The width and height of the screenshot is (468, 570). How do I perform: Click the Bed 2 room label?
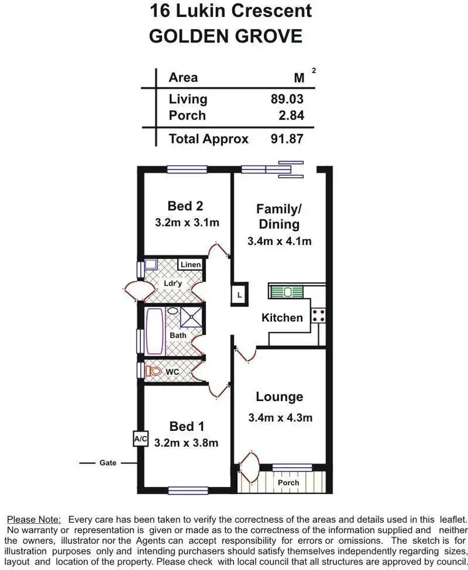(185, 206)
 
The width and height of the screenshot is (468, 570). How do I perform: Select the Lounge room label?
(279, 397)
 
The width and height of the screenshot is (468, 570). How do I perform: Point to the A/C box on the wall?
(140, 439)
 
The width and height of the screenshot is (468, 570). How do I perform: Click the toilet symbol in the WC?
(152, 372)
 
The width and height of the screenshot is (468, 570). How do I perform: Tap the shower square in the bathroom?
(191, 317)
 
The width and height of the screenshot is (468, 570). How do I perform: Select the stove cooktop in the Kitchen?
(319, 316)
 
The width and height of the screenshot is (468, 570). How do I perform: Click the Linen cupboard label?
(190, 265)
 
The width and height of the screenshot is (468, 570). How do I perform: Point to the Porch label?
(288, 483)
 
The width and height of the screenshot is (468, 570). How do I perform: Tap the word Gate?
(108, 463)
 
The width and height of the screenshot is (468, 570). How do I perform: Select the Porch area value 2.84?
(291, 115)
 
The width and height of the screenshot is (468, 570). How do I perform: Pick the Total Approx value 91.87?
(288, 139)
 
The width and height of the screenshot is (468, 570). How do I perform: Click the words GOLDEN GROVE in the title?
(226, 36)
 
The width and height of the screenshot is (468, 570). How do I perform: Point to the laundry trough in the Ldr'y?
(150, 265)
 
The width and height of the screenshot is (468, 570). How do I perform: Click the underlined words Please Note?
(34, 519)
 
